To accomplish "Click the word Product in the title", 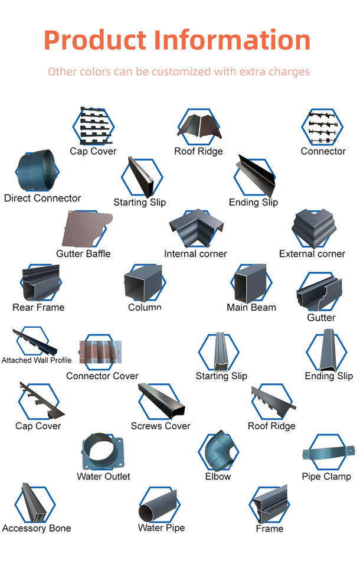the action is pos(94,40).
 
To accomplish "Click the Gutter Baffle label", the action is pos(83,254).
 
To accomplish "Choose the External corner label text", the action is pos(312,254).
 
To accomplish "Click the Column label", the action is pos(145,307).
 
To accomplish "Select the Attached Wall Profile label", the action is pos(37,360).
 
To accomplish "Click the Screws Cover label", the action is pos(161,426).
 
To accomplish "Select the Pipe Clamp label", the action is pos(326,477).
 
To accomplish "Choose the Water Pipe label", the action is pos(161,527).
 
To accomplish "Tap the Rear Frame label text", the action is pos(38,307).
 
